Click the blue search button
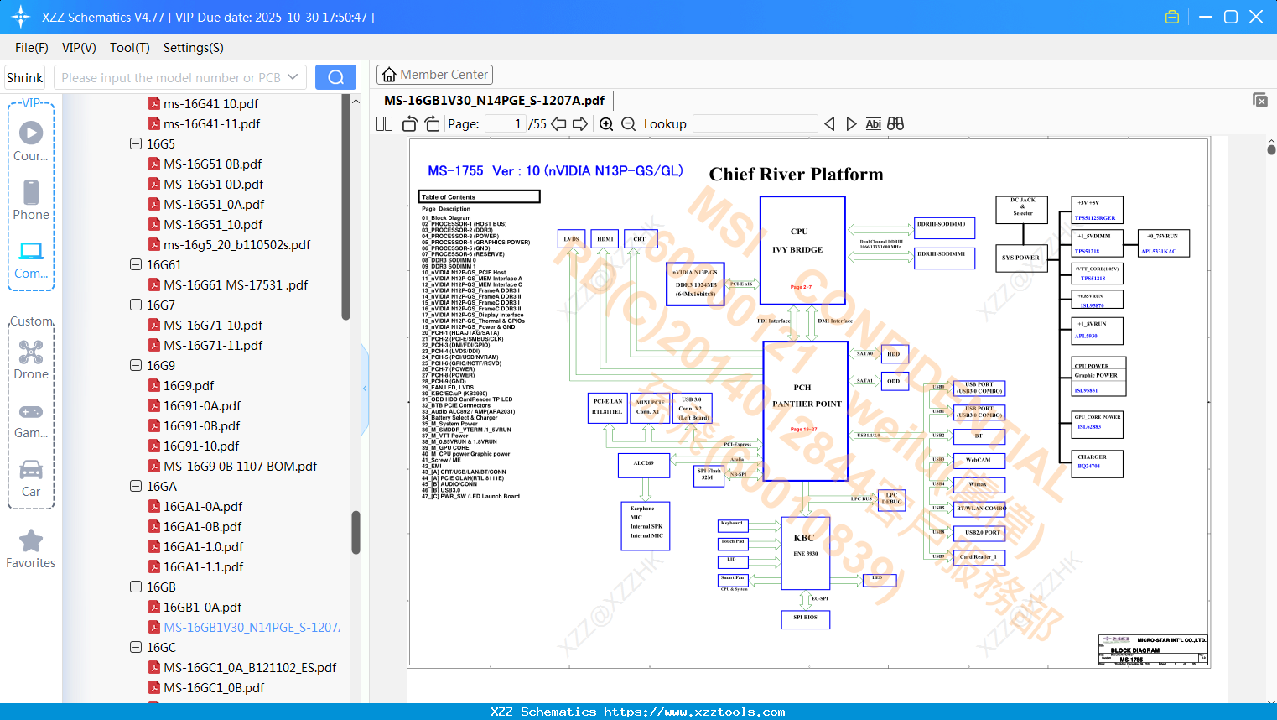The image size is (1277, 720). (x=335, y=77)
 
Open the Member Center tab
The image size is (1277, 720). (x=434, y=75)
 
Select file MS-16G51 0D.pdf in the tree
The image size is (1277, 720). (x=213, y=184)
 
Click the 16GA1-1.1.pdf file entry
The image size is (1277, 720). (x=203, y=566)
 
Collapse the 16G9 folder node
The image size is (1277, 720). (x=136, y=365)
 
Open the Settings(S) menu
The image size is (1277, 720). (x=193, y=48)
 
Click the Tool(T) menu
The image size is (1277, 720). (x=129, y=48)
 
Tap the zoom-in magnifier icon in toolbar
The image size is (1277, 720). (x=606, y=124)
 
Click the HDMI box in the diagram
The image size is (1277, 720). (x=605, y=239)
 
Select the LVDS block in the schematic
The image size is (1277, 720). (x=571, y=239)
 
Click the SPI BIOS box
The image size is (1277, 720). (x=805, y=618)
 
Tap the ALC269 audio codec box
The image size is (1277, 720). (x=644, y=464)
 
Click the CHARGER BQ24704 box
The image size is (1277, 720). (x=1097, y=462)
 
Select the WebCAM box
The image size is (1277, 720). (x=979, y=460)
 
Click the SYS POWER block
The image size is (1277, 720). (x=1020, y=258)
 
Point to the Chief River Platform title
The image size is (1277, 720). (x=796, y=175)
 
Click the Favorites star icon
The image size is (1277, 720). (x=31, y=541)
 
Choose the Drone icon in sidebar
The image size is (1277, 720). (x=31, y=352)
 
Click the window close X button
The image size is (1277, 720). (x=1256, y=17)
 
